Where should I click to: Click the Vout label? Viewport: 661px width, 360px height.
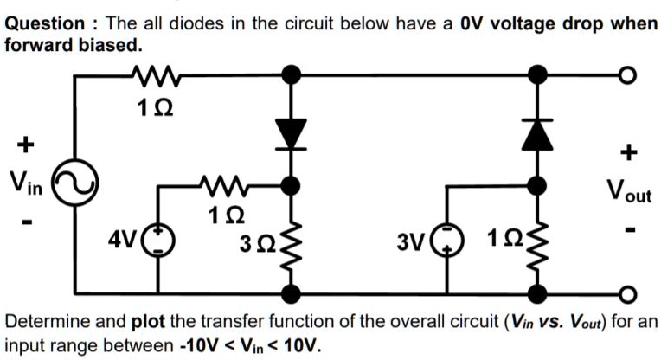[628, 191]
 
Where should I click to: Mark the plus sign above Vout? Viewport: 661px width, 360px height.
[629, 153]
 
